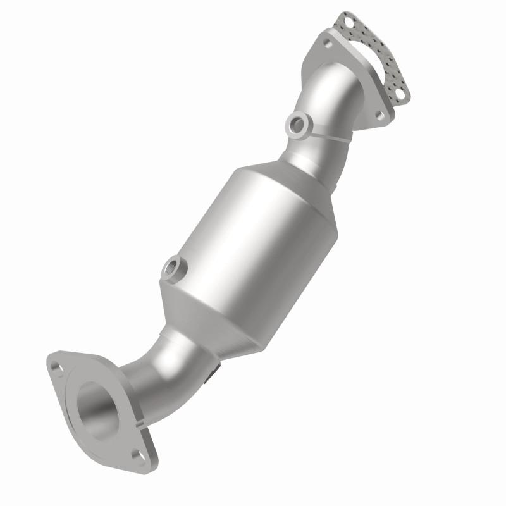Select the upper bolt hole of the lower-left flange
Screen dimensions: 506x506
click(59, 367)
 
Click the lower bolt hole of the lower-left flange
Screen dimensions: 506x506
click(137, 453)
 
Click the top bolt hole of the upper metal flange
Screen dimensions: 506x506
click(327, 44)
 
